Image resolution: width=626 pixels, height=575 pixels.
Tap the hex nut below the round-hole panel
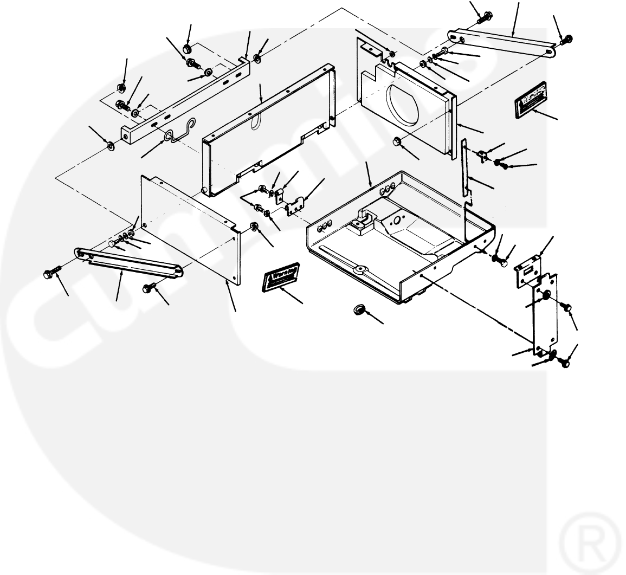(397, 143)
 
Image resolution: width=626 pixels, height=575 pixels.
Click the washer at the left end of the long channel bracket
(110, 145)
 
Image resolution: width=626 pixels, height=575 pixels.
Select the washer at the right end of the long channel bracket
(257, 58)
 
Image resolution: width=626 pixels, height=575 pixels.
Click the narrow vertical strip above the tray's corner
(464, 168)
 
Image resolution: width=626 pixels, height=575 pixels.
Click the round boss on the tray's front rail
(358, 269)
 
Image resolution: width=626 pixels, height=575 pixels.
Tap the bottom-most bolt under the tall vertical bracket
(564, 363)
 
